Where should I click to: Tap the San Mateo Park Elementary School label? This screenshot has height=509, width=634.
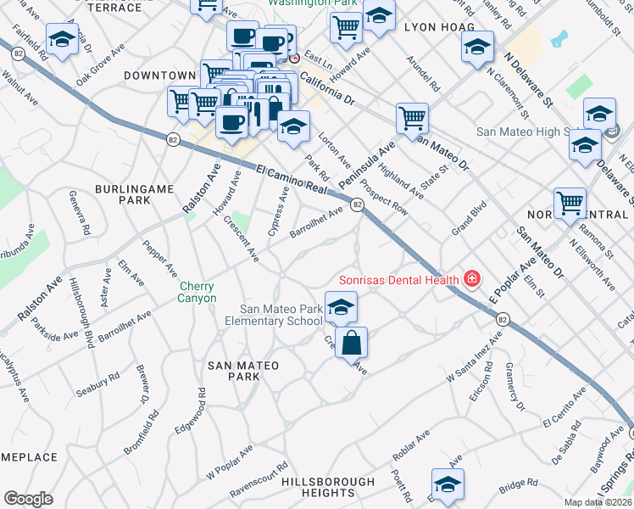point(281,315)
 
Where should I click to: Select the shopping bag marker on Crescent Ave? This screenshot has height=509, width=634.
point(351,344)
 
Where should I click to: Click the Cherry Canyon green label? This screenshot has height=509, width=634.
point(197,292)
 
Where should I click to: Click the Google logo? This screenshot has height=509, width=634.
point(28,498)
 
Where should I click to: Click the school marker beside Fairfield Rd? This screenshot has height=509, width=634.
point(62,40)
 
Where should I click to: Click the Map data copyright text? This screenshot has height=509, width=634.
point(598,502)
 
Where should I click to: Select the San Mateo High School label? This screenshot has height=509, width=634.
point(526,131)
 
